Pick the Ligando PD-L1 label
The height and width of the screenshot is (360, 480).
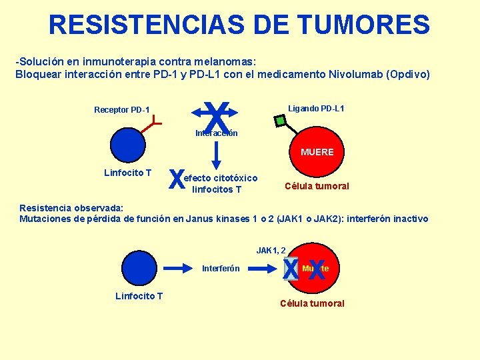[316, 109]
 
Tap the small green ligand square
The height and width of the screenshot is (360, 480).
[281, 121]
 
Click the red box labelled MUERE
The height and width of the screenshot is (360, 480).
[317, 153]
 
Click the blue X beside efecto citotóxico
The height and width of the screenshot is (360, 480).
[177, 179]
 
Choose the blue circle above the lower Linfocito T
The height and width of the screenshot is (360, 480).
[138, 268]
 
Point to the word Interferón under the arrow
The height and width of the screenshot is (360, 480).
[221, 269]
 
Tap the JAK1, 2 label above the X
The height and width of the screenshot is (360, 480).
[271, 251]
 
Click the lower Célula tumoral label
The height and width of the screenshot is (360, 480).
[313, 303]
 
